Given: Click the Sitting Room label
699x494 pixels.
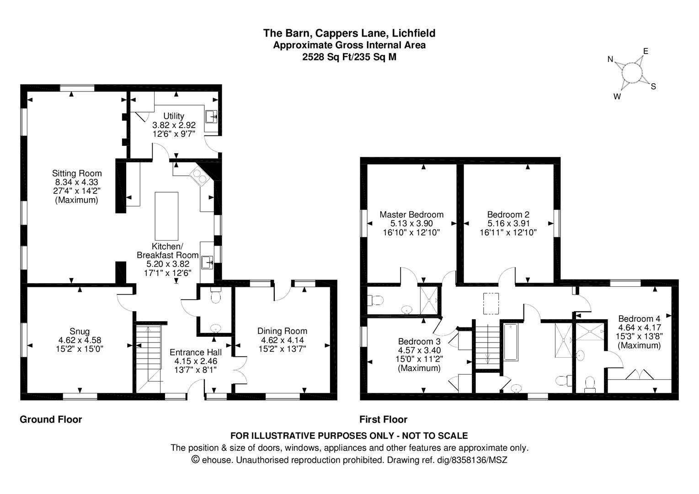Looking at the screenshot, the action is tap(77, 173).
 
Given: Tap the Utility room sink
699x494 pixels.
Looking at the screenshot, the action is tap(211, 117).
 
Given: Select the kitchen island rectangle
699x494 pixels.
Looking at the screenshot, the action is tap(167, 216).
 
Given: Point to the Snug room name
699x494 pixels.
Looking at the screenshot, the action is tap(80, 331).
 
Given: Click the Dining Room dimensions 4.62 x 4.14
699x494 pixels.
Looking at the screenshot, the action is tap(283, 340).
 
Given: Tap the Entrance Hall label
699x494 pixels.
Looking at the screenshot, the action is tap(196, 352).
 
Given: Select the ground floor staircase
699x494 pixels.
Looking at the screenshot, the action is tap(149, 358).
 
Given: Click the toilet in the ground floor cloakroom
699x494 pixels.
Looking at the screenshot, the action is tap(216, 295).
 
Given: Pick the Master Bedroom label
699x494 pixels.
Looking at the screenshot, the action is tap(411, 215).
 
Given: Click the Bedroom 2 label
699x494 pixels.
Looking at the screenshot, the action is tap(508, 215).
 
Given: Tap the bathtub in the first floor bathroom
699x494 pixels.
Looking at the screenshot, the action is tap(511, 342).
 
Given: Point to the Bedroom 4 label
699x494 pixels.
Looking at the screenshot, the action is tap(640, 319).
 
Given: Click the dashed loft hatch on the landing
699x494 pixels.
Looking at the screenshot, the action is tap(491, 304).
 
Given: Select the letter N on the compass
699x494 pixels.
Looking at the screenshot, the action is tap(610, 59).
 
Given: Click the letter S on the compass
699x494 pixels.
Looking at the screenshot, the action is tap(653, 86).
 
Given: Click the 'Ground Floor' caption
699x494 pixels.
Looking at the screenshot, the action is tap(51, 419).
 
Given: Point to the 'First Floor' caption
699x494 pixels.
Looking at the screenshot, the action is tap(384, 419).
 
